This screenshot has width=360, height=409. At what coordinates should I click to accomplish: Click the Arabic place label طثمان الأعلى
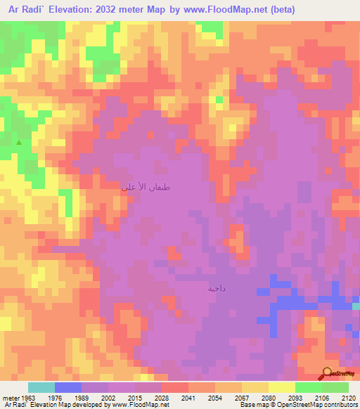click(x=146, y=188)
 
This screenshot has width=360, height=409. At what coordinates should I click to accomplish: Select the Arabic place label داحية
click(x=216, y=289)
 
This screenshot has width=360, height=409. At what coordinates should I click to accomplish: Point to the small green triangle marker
click(x=19, y=143)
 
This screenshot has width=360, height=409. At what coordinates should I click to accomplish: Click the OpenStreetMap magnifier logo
click(x=328, y=373)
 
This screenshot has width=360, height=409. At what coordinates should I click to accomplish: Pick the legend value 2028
click(x=162, y=398)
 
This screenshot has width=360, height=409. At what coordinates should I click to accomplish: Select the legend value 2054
click(x=215, y=398)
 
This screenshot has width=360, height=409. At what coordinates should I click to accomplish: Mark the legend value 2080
click(x=269, y=398)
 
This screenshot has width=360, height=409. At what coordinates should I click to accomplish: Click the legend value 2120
click(x=348, y=398)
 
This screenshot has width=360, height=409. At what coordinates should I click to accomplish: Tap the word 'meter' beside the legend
click(x=10, y=398)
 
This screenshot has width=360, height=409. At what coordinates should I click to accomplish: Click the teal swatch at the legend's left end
click(x=41, y=387)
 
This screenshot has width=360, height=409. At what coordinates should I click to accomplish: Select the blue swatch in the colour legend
click(x=68, y=387)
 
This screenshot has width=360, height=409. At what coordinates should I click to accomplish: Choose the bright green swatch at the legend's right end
click(x=335, y=387)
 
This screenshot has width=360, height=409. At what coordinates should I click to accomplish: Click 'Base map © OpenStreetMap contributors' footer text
click(x=297, y=405)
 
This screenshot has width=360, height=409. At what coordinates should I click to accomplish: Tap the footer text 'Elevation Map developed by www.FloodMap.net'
click(x=95, y=405)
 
